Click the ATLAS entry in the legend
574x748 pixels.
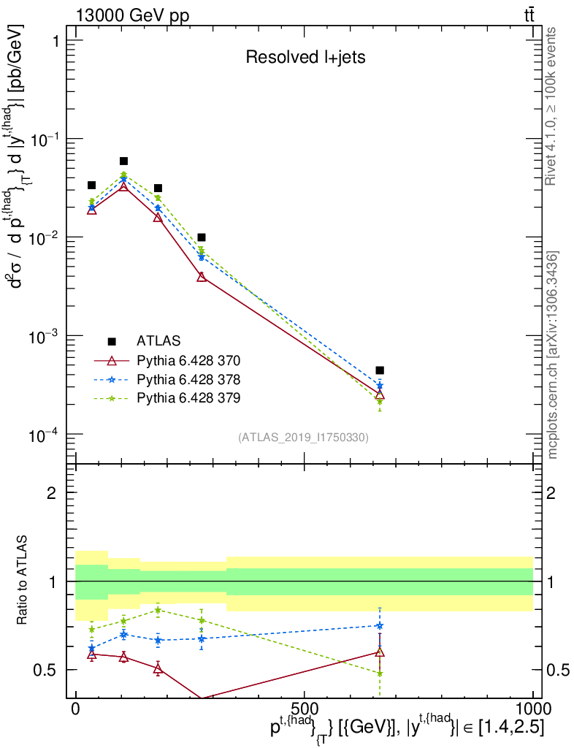(158, 341)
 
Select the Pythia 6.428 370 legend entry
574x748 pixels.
(188, 360)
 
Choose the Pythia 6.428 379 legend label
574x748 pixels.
(188, 398)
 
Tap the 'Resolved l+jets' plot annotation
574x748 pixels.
(305, 58)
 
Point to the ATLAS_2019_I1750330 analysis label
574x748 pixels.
(303, 438)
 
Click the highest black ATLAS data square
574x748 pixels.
(123, 161)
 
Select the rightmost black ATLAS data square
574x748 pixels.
(380, 370)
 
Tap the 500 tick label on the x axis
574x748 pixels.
(304, 709)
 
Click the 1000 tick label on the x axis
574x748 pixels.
(532, 709)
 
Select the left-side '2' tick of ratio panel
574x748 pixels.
(52, 493)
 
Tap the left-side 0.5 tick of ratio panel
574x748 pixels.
(45, 669)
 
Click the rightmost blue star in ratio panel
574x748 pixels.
(380, 625)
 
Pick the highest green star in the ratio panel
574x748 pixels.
(158, 610)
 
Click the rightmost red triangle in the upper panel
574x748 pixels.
(380, 395)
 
